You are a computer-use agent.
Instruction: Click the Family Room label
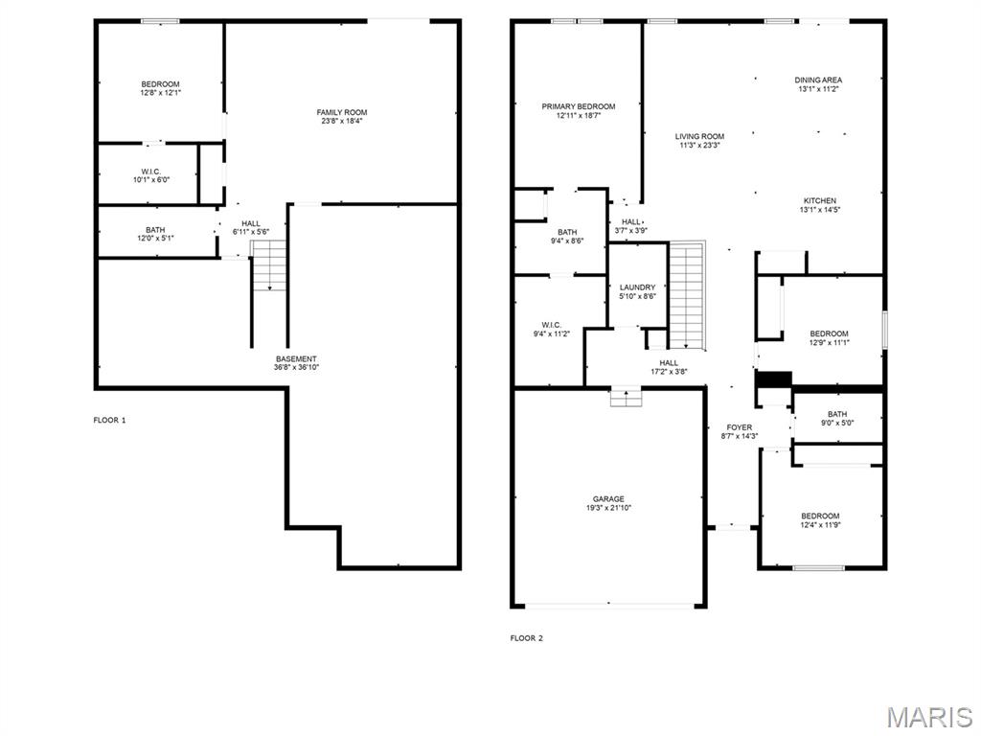coord(342,112)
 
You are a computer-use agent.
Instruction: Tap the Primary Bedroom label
coord(578,106)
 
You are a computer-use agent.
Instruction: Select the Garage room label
coord(608,498)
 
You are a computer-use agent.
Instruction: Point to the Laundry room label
coord(637,287)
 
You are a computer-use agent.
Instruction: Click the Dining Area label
coord(818,80)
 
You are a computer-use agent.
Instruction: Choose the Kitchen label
coord(819,200)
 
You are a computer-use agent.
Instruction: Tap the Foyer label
coord(740,427)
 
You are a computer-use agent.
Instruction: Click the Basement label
coord(296,358)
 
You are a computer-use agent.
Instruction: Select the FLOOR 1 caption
coord(109,420)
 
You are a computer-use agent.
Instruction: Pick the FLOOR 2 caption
coord(526,637)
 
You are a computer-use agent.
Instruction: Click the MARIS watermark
coord(928,716)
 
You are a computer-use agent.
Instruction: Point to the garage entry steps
coord(626,397)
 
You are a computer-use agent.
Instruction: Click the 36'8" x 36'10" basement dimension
coord(296,367)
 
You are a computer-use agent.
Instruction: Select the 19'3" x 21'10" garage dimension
coord(608,508)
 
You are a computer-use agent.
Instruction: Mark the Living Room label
coord(699,136)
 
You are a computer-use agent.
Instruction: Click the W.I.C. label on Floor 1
coord(150,172)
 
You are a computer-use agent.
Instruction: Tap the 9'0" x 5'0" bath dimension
coord(837,423)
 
